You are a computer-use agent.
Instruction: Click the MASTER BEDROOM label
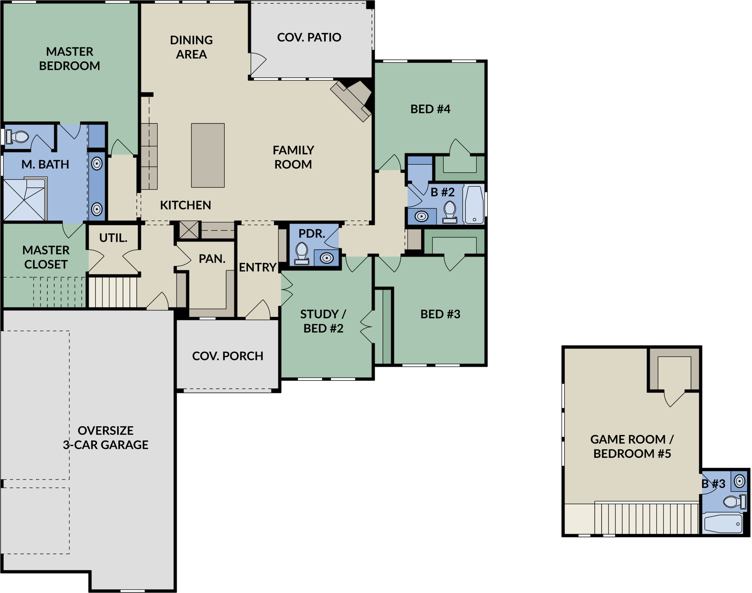tap(69, 59)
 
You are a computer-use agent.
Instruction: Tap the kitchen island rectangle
tap(208, 155)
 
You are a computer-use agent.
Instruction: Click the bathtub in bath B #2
tap(474, 205)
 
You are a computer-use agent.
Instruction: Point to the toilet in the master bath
tap(17, 137)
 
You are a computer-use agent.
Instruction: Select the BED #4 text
tap(430, 109)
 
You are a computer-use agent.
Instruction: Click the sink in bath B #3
tap(739, 481)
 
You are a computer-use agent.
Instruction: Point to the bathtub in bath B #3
tap(724, 524)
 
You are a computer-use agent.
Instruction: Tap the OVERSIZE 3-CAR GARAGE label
tap(105, 437)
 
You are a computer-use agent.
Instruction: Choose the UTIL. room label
tap(113, 238)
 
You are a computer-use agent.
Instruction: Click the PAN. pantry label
tap(212, 259)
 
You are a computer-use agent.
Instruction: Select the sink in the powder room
tap(326, 258)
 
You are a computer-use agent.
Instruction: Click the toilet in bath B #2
tap(450, 212)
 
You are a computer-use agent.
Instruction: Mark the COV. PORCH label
tap(228, 356)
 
